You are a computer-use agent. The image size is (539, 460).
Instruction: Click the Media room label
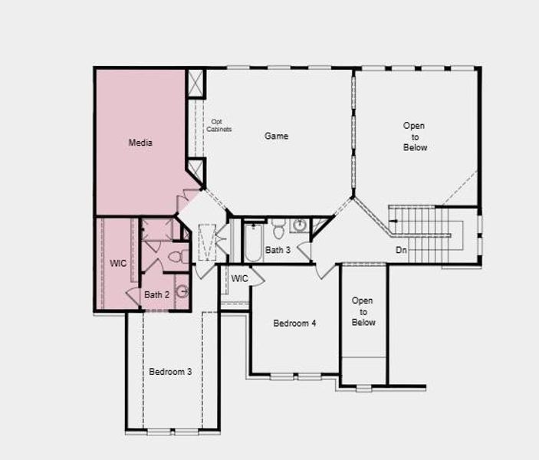140,143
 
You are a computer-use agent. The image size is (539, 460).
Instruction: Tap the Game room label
277,136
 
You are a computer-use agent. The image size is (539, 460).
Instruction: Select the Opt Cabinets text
219,126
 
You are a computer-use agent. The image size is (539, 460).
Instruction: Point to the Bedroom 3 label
170,372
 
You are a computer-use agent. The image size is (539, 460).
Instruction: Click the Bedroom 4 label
295,324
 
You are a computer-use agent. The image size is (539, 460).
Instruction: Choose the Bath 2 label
156,294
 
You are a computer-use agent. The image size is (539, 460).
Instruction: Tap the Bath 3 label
278,250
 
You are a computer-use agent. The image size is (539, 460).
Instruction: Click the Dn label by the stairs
401,251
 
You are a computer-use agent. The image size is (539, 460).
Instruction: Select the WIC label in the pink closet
117,263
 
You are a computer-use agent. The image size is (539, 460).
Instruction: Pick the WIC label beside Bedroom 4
239,278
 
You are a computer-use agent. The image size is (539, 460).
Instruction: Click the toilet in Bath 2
177,256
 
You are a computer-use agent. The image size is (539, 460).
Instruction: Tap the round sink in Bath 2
182,291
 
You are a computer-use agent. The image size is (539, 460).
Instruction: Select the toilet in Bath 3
279,227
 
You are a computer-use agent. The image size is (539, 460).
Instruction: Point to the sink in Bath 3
298,225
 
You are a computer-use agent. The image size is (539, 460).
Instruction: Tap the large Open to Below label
415,136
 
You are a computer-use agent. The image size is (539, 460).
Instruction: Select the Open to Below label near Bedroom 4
363,311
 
